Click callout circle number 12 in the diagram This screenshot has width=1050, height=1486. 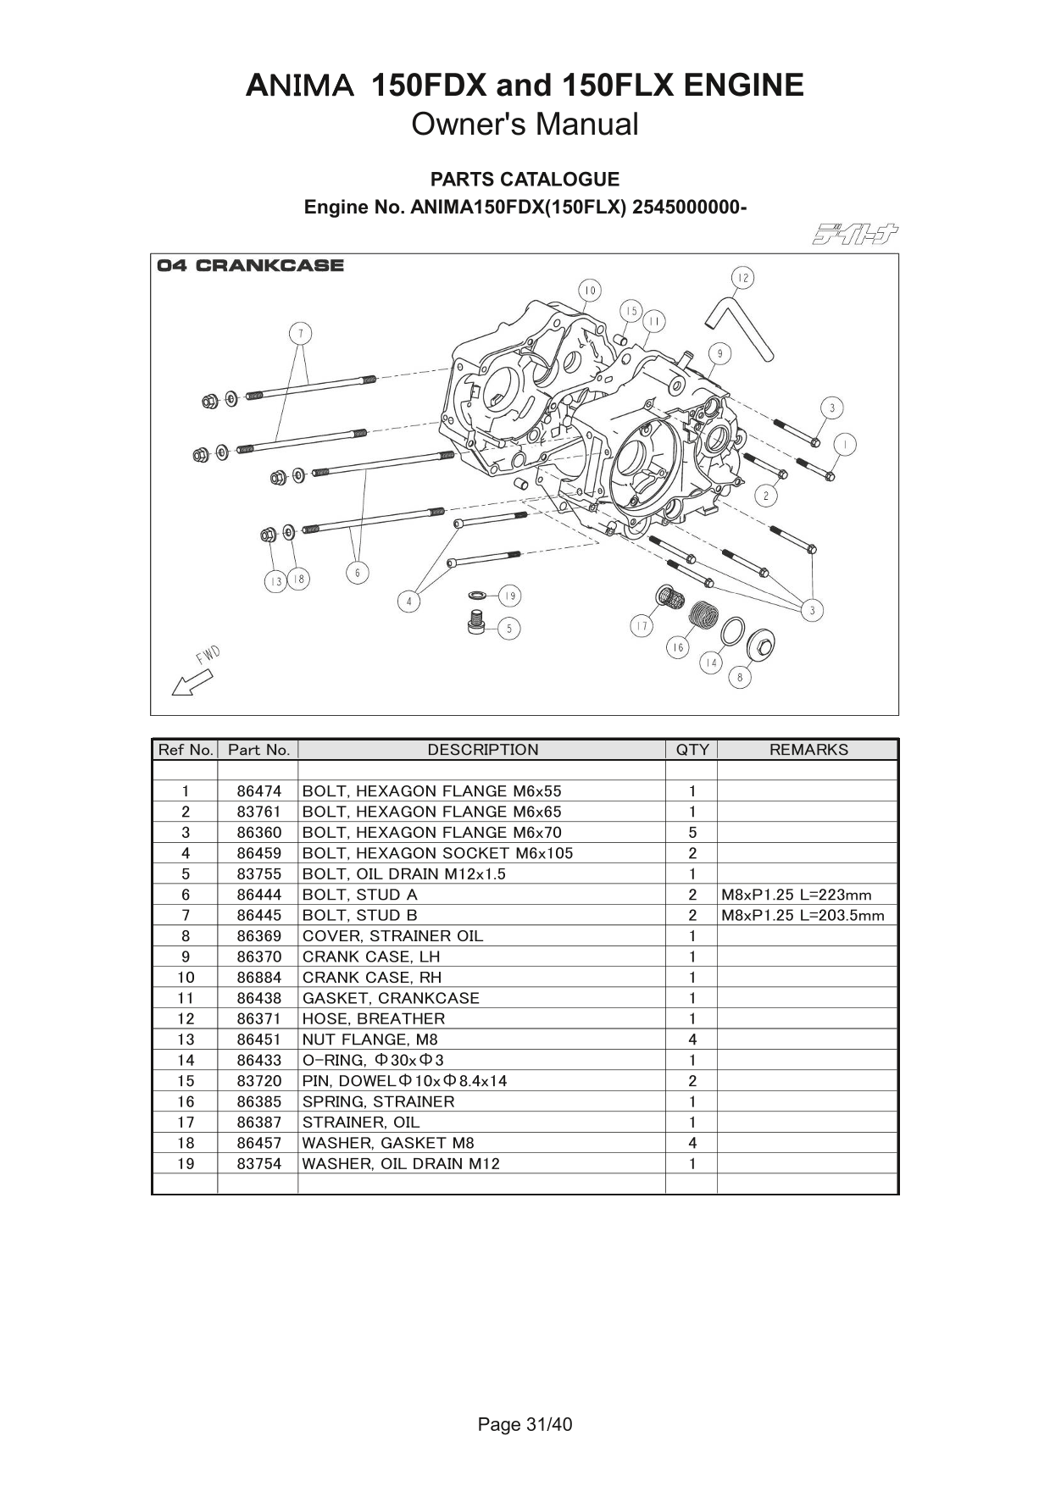(x=742, y=278)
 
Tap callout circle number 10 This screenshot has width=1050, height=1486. (x=590, y=291)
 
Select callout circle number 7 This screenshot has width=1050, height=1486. (x=300, y=333)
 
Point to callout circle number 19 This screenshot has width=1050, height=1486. (x=509, y=596)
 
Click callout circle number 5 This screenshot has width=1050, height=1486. (x=508, y=629)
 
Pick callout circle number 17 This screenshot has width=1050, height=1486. (x=642, y=626)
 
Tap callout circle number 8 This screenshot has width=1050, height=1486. (x=740, y=677)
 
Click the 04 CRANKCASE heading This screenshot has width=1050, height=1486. (x=251, y=266)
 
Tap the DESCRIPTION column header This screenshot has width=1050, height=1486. (x=482, y=750)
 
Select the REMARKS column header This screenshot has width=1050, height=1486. (x=808, y=750)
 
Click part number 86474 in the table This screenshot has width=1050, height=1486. (x=258, y=791)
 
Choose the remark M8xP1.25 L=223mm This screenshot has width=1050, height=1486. (x=796, y=895)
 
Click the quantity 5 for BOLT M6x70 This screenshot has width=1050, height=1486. (x=692, y=833)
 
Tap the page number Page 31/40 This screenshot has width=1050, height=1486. (x=525, y=1425)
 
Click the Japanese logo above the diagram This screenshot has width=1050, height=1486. (x=855, y=233)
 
